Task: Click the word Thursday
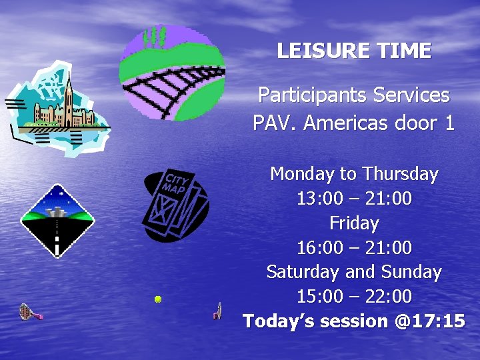click(x=400, y=175)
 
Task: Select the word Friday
click(x=354, y=223)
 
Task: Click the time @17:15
click(x=430, y=321)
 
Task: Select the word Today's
click(x=279, y=321)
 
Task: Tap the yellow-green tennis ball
click(x=158, y=299)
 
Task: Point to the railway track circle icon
click(x=172, y=72)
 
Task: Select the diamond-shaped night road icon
click(x=57, y=221)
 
